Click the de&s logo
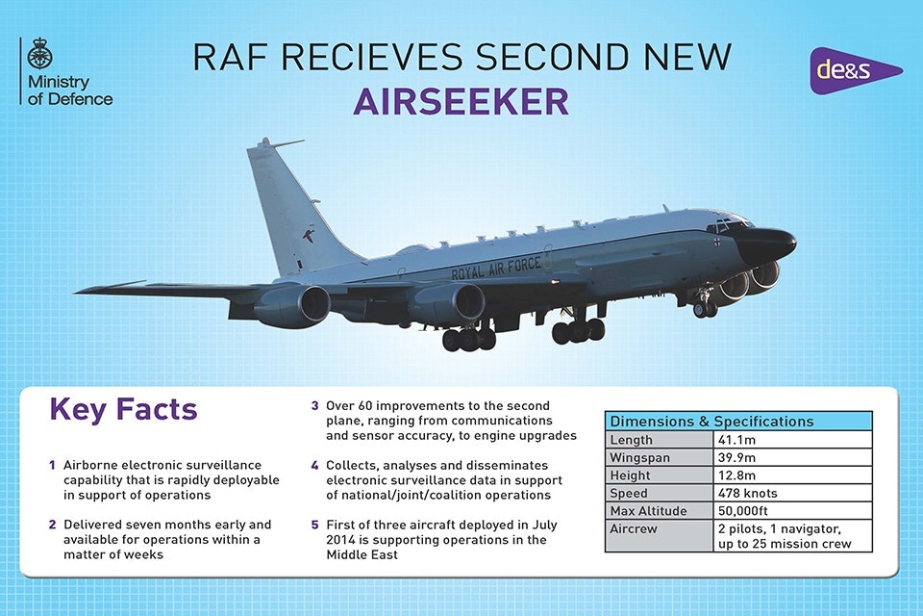coord(855,70)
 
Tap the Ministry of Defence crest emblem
coord(40,54)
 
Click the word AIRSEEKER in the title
coord(461,101)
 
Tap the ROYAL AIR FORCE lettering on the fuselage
coord(496,269)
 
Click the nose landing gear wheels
coord(705,308)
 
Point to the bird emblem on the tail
coord(308,236)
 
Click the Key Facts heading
coord(123,409)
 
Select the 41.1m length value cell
coord(736,440)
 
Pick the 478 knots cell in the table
coord(748,493)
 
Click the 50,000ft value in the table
coord(743,510)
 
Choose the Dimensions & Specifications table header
coord(738,422)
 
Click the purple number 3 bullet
coord(315,405)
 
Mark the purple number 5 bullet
coord(315,525)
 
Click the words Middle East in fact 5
coord(362,554)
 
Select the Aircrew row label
coord(634,528)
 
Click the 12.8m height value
coord(736,475)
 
